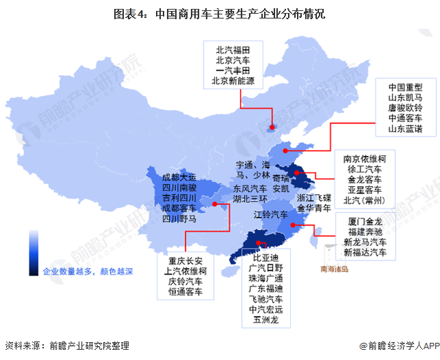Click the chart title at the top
(x=219, y=13)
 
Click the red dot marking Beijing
(x=271, y=126)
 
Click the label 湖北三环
(x=250, y=199)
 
